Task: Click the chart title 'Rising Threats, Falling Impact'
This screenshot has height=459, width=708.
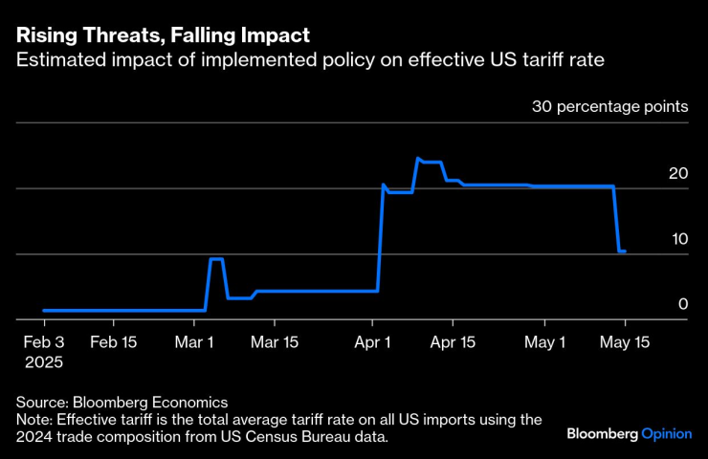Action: (162, 36)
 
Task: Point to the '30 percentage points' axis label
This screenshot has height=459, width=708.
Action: (609, 106)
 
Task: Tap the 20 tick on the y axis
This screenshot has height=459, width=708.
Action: (678, 173)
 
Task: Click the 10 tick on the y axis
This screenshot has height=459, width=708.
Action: (678, 238)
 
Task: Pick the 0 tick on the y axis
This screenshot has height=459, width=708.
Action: (683, 303)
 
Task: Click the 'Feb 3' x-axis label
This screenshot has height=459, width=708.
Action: (43, 342)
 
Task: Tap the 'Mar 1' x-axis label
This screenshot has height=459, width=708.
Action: (194, 342)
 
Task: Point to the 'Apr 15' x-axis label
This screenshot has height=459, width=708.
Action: (454, 342)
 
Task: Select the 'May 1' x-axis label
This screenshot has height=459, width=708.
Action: (548, 342)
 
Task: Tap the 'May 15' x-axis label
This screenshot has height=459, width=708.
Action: (624, 342)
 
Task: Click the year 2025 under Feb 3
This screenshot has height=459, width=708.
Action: (43, 363)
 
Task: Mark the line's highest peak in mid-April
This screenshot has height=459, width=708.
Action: (418, 158)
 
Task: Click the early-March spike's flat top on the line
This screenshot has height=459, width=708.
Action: (216, 259)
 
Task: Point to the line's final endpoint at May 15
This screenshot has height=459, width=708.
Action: (625, 251)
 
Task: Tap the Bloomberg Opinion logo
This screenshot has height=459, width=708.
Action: (629, 433)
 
